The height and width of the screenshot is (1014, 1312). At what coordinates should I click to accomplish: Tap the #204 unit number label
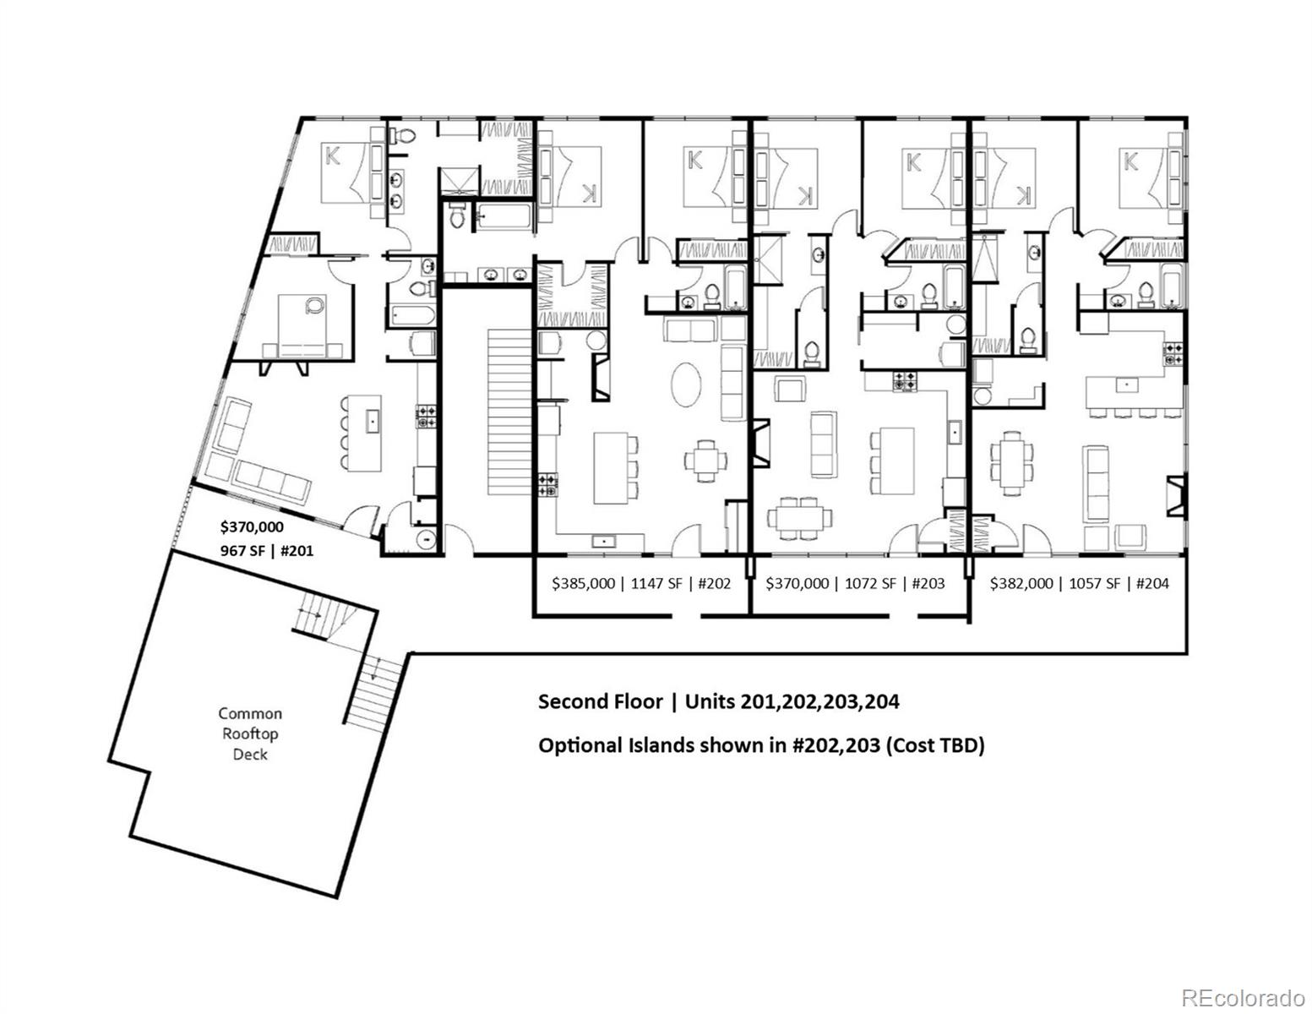[x=1153, y=583]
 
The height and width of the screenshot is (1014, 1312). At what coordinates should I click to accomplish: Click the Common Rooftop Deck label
[x=250, y=733]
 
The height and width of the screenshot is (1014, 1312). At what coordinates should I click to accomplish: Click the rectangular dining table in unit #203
[x=799, y=515]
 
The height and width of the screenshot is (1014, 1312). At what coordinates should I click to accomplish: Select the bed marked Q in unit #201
[x=302, y=325]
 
